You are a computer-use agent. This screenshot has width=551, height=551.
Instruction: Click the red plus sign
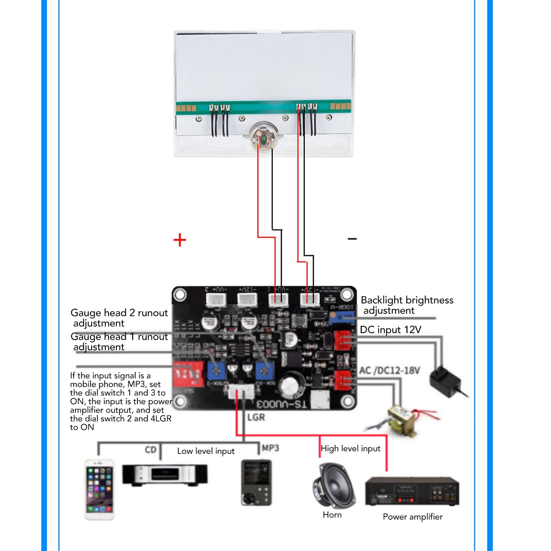(x=180, y=240)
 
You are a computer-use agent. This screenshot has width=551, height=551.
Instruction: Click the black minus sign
(x=352, y=239)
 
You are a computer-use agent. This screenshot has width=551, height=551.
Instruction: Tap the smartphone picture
(x=99, y=489)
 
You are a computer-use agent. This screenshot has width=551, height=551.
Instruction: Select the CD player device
(x=165, y=475)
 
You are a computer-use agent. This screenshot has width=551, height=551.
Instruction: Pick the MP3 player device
(x=256, y=482)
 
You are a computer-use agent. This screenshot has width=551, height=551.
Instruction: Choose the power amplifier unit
(x=412, y=491)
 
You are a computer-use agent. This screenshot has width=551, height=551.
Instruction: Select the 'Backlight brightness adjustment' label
(x=406, y=305)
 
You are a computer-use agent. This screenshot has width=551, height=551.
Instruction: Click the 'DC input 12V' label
(x=390, y=330)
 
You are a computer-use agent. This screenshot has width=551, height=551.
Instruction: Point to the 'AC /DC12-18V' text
(x=389, y=371)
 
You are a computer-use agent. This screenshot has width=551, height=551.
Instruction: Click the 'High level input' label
(x=350, y=448)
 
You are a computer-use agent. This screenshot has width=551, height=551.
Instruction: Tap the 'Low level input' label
(x=206, y=451)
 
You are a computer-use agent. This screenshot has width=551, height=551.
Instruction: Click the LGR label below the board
(x=256, y=417)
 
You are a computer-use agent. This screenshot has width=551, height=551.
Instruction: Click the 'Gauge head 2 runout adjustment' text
(x=119, y=318)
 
